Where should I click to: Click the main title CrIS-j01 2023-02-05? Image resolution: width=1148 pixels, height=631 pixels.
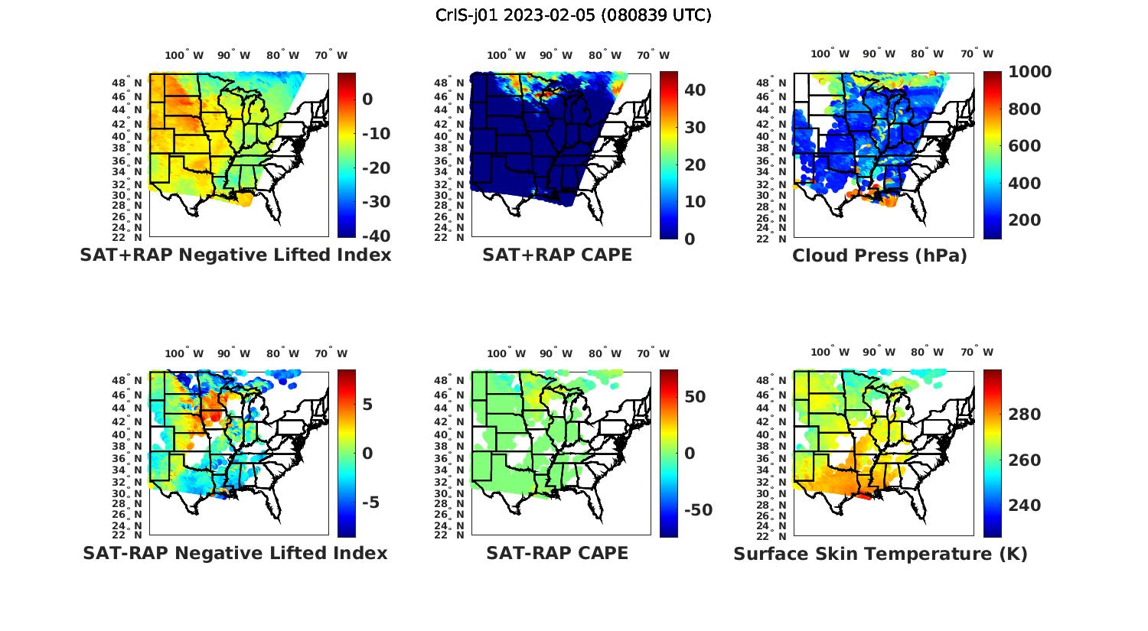point(573,15)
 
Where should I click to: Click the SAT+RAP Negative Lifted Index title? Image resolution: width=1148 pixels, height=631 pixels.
point(236,255)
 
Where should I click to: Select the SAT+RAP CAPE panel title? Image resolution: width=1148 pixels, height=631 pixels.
point(557,255)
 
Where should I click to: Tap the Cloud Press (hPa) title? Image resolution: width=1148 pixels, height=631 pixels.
point(879,255)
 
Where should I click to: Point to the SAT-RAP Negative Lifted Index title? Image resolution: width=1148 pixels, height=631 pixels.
point(236,553)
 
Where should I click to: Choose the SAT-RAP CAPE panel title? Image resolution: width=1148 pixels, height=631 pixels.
point(557,553)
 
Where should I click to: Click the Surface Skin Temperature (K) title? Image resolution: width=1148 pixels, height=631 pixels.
point(880,554)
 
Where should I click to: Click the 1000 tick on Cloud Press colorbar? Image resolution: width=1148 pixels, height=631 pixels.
point(1029,72)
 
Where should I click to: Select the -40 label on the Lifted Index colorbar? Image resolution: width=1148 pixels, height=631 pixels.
point(376,236)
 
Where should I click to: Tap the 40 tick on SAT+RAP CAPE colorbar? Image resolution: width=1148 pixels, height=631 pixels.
point(694,90)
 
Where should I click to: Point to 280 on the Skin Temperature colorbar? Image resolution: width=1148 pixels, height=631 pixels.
point(1025,415)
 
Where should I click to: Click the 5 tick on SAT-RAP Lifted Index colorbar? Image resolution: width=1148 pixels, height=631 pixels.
point(367,405)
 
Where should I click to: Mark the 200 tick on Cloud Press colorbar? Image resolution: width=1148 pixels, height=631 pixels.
point(1025,220)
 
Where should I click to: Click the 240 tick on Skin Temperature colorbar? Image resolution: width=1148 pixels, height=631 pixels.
point(1025,506)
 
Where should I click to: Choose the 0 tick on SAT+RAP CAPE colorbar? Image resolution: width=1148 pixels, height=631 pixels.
point(690,239)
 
